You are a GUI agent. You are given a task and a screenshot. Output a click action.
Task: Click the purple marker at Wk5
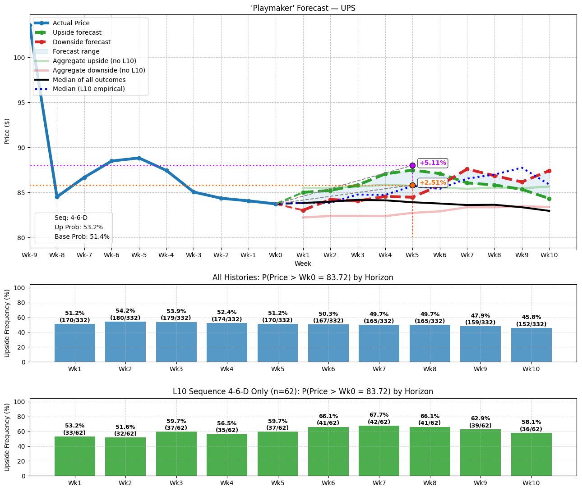click(412, 165)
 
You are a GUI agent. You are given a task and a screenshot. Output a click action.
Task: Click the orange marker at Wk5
click(412, 185)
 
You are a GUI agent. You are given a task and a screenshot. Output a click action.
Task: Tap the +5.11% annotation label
click(433, 163)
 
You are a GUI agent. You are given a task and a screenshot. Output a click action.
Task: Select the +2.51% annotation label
click(433, 182)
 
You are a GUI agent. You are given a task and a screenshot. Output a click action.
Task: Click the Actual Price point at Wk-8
click(57, 197)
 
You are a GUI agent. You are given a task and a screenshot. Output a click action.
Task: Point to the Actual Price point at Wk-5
click(139, 158)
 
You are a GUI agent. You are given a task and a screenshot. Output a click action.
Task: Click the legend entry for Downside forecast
click(82, 42)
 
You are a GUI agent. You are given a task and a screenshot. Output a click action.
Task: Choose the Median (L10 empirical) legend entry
click(88, 89)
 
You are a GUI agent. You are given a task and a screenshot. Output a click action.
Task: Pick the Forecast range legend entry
click(76, 51)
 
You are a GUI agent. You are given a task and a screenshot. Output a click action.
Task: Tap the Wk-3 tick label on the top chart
click(194, 255)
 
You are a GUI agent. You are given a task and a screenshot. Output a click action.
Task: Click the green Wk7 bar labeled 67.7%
click(379, 450)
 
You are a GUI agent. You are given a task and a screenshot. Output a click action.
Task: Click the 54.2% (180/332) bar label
click(125, 314)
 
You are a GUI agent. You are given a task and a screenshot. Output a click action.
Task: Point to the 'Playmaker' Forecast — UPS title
click(303, 8)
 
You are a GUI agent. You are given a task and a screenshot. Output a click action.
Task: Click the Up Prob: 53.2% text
click(79, 227)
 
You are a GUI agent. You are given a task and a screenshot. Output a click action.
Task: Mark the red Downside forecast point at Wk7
click(467, 169)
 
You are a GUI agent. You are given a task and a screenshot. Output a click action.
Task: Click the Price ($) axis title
click(7, 131)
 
